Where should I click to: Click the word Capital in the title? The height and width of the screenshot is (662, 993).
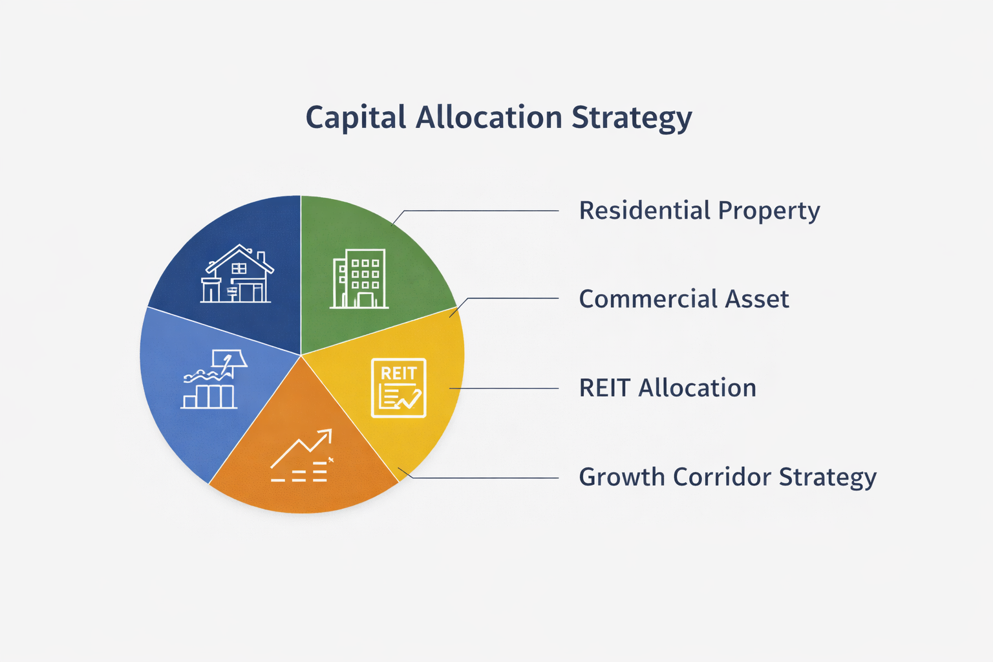(356, 118)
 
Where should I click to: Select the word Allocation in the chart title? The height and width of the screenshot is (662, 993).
(489, 118)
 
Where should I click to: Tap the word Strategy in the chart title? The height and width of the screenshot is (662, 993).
(632, 118)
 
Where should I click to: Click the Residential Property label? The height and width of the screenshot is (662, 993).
(699, 211)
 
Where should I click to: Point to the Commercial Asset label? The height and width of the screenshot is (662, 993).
(683, 299)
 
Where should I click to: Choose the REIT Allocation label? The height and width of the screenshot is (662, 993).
(667, 388)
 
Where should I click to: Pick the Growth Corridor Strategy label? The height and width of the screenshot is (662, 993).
(727, 477)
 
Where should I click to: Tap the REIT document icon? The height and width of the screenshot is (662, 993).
(399, 388)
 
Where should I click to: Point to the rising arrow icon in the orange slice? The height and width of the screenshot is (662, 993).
(302, 455)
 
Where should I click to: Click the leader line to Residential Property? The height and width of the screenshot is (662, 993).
(478, 211)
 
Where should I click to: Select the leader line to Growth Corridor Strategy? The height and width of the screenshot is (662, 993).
(485, 478)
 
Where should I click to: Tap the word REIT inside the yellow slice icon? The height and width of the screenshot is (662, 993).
(398, 373)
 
